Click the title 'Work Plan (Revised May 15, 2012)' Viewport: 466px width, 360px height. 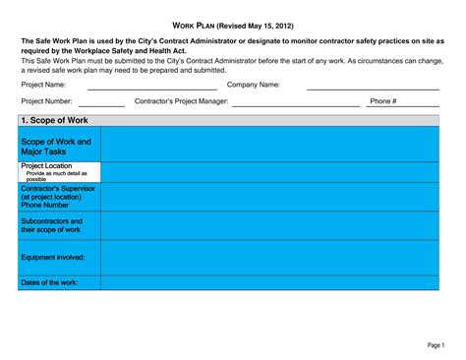point(232,24)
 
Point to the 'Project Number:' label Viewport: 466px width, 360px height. point(46,100)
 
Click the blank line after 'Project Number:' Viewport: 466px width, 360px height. point(102,103)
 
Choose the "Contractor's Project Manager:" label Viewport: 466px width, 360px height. point(182,100)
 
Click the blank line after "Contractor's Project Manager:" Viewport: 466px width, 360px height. point(295,103)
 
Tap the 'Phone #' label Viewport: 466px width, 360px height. point(381,100)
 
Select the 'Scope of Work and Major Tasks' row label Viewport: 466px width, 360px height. point(56,147)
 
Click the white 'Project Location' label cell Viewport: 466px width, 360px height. point(59,172)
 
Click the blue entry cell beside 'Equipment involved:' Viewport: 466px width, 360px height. point(269,257)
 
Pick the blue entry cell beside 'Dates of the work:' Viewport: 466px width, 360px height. point(269,282)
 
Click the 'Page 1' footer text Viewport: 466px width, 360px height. point(436,345)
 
